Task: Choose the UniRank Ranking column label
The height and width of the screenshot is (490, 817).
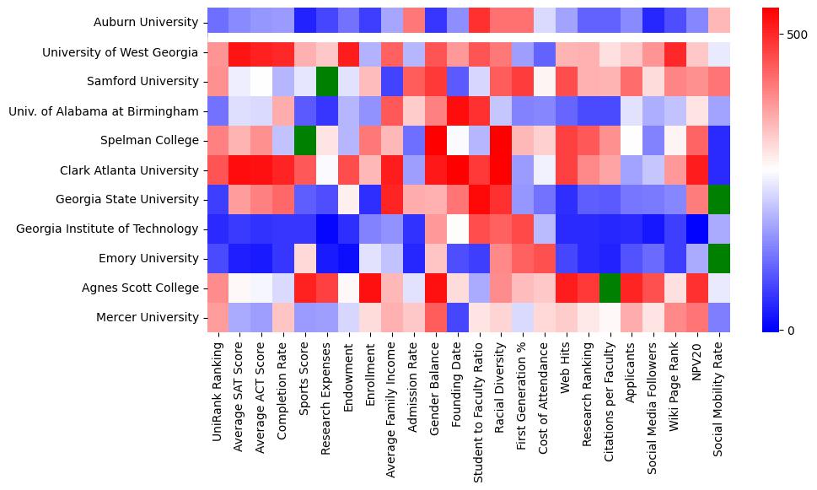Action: coord(218,387)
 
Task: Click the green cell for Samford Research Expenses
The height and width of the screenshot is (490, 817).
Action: coord(327,81)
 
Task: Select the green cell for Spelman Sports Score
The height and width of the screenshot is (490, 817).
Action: coord(305,140)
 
